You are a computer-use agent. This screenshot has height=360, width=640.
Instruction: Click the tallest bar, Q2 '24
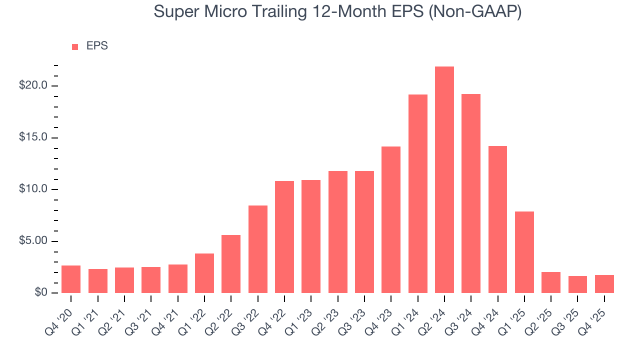[x=444, y=180]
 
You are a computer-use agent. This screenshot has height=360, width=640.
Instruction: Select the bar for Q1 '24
[x=418, y=194]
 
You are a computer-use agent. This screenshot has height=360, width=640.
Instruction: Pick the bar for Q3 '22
[x=258, y=249]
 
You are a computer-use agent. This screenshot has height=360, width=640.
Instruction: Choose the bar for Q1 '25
[x=524, y=252]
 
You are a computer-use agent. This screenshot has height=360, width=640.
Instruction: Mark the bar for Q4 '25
[x=604, y=284]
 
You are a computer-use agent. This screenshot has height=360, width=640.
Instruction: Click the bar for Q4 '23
[x=391, y=220]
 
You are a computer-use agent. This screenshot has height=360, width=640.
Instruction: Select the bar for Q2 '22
[x=231, y=264]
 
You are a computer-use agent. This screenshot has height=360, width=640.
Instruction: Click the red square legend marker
[x=75, y=46]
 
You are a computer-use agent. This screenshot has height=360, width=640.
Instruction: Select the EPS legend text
[x=97, y=46]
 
